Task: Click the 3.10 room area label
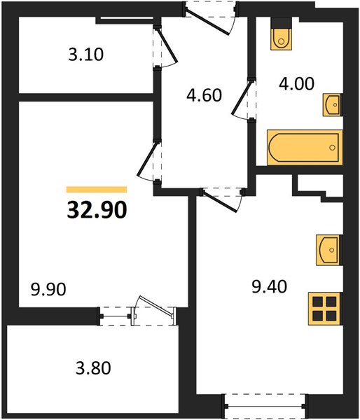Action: (x=85, y=55)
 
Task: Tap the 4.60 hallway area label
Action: (x=205, y=95)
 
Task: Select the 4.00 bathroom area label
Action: (x=296, y=83)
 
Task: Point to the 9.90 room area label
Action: (x=48, y=289)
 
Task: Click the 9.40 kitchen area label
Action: (x=270, y=286)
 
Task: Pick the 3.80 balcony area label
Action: (x=93, y=367)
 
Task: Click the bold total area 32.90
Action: (x=97, y=210)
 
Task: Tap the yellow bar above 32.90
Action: (x=97, y=190)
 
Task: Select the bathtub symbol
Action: (x=305, y=147)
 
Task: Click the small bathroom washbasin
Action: (x=333, y=105)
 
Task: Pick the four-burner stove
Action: (x=326, y=309)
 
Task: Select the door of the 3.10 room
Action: (x=166, y=47)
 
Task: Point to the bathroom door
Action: (x=242, y=99)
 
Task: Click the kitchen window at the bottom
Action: (x=266, y=406)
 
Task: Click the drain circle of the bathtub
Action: (x=333, y=147)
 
